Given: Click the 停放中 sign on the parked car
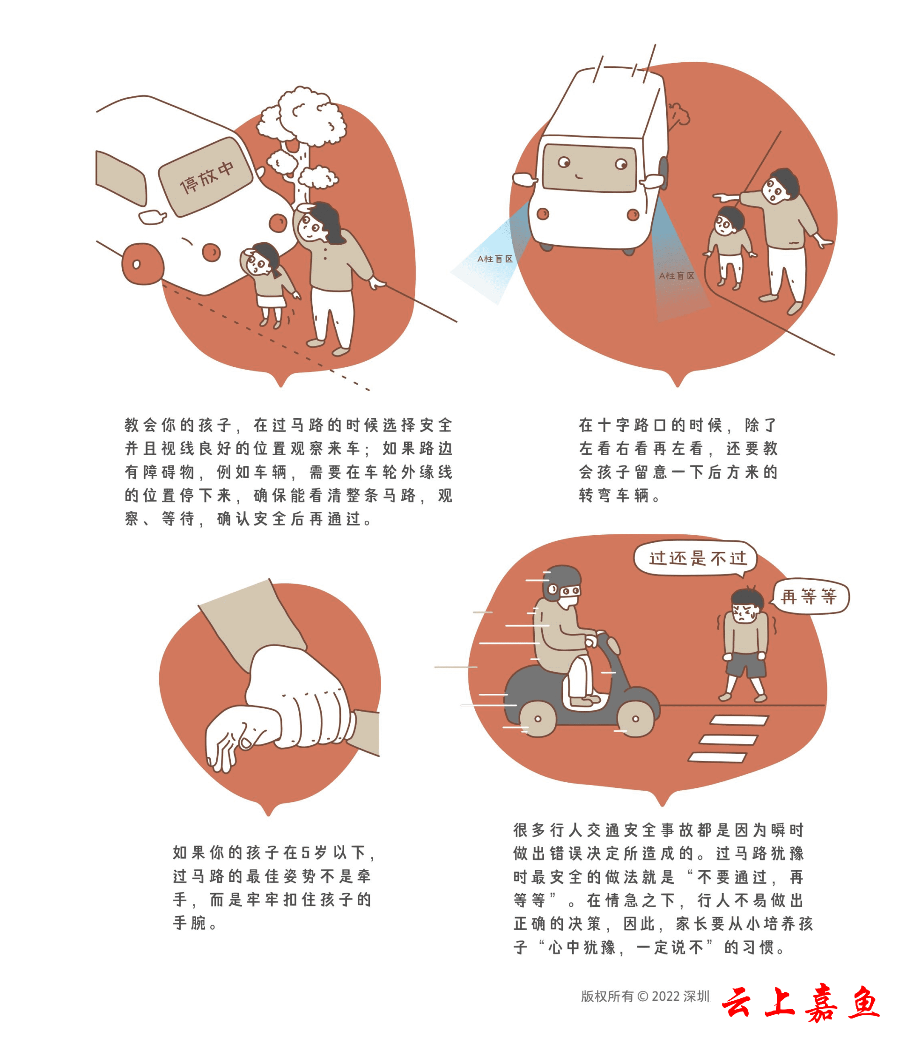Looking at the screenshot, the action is pyautogui.click(x=205, y=176).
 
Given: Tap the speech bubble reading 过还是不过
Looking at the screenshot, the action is pyautogui.click(x=695, y=558).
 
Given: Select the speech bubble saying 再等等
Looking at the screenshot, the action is pyautogui.click(x=809, y=597).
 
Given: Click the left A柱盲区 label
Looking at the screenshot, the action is pyautogui.click(x=495, y=259).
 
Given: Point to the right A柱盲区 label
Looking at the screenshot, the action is pyautogui.click(x=676, y=276).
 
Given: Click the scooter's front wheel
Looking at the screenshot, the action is pyautogui.click(x=636, y=719).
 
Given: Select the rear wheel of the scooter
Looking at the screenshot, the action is pyautogui.click(x=538, y=719).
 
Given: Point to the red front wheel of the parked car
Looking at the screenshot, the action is pyautogui.click(x=143, y=264).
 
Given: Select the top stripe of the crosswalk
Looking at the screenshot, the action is pyautogui.click(x=739, y=721).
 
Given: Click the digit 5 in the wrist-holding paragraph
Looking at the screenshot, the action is pyautogui.click(x=306, y=852).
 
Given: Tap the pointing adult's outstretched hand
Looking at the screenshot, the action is pyautogui.click(x=724, y=197).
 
